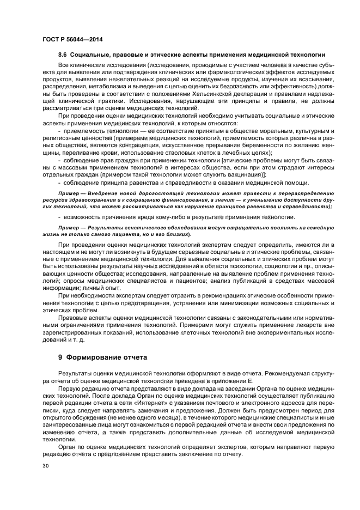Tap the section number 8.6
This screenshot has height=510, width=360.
(64, 55)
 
